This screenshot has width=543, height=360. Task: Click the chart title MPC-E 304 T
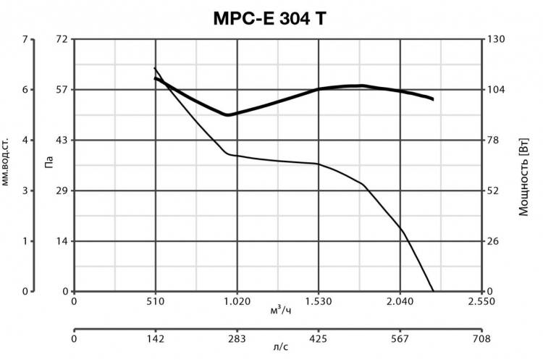(269, 19)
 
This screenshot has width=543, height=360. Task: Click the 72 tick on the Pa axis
(61, 38)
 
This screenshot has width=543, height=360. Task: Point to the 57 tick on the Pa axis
(61, 89)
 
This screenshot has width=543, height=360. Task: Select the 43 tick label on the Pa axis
(61, 140)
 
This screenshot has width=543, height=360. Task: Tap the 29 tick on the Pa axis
(61, 191)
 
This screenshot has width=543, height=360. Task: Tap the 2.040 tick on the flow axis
(400, 301)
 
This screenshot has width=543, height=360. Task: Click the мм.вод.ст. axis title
(7, 159)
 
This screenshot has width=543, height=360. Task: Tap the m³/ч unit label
(280, 310)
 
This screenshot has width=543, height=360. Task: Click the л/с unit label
(280, 348)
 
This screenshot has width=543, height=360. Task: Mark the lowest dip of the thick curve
(227, 114)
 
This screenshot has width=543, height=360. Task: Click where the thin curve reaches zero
(433, 291)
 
